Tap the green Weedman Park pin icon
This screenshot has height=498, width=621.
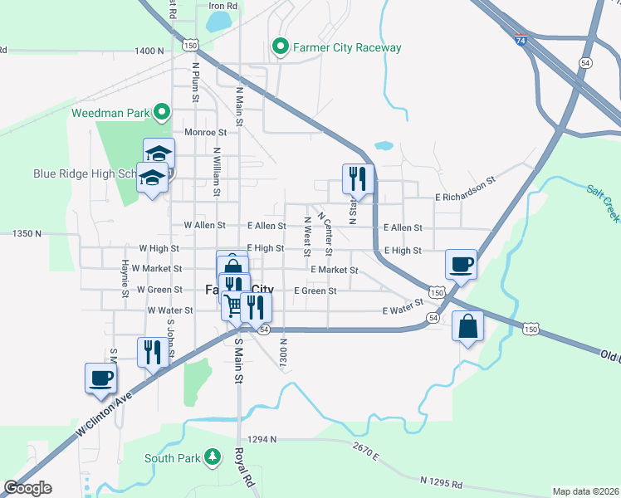coord(163,111)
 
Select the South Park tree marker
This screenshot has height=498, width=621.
coord(213,456)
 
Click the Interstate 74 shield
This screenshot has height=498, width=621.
coord(520,40)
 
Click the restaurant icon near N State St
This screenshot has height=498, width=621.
coord(358,178)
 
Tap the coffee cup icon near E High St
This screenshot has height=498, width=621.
coord(461,264)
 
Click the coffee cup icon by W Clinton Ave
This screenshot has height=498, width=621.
coord(101,378)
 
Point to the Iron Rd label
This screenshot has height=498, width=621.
coord(222,6)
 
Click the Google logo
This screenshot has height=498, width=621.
coord(27,488)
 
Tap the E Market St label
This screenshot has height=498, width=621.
coord(334,270)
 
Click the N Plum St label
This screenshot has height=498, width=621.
coord(196,81)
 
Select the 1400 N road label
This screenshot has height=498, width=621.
coord(149,51)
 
